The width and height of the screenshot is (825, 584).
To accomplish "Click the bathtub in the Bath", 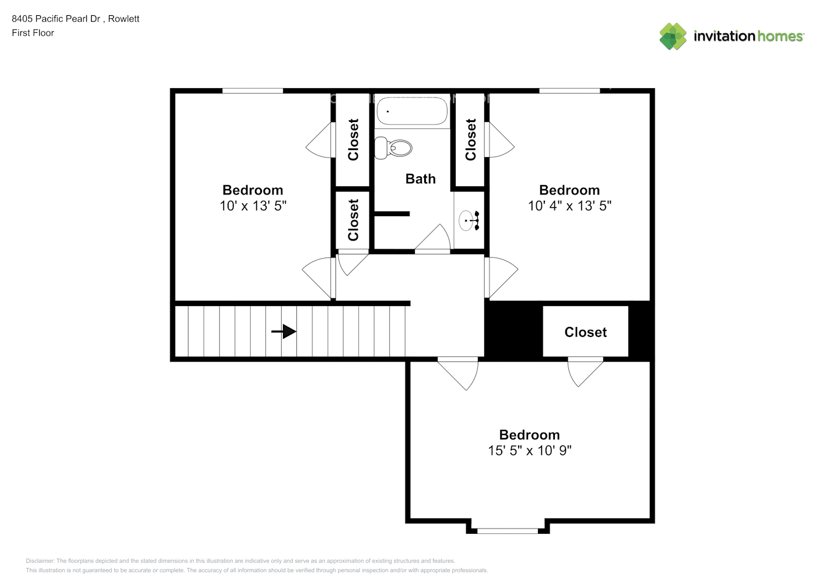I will pyautogui.click(x=412, y=111).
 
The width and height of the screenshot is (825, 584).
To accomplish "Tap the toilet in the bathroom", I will pyautogui.click(x=394, y=148).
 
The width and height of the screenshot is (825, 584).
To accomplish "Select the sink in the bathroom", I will pyautogui.click(x=469, y=221).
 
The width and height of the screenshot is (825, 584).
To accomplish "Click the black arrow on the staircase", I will pyautogui.click(x=284, y=332).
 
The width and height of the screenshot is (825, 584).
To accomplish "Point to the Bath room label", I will pyautogui.click(x=420, y=179).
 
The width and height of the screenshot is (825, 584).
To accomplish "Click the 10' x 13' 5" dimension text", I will pyautogui.click(x=253, y=206).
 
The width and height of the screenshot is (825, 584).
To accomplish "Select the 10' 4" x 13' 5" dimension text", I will pyautogui.click(x=569, y=206).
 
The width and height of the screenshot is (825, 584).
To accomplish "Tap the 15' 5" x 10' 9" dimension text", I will pyautogui.click(x=529, y=450).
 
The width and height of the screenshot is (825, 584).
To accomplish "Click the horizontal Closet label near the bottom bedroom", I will pyautogui.click(x=585, y=332).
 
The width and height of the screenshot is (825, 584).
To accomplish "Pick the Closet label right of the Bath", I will pyautogui.click(x=471, y=140).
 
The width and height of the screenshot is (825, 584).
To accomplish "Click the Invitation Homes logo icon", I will pyautogui.click(x=673, y=36).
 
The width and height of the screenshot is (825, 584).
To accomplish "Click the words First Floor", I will pyautogui.click(x=33, y=33).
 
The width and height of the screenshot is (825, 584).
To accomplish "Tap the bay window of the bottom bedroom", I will pyautogui.click(x=508, y=530).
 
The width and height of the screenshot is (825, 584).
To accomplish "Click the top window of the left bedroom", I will pyautogui.click(x=253, y=91).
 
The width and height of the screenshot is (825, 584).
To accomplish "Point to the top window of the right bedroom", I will pyautogui.click(x=569, y=91).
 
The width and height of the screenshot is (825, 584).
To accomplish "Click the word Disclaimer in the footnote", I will pyautogui.click(x=40, y=561).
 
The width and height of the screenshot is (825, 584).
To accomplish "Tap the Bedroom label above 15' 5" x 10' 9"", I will pyautogui.click(x=529, y=434).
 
